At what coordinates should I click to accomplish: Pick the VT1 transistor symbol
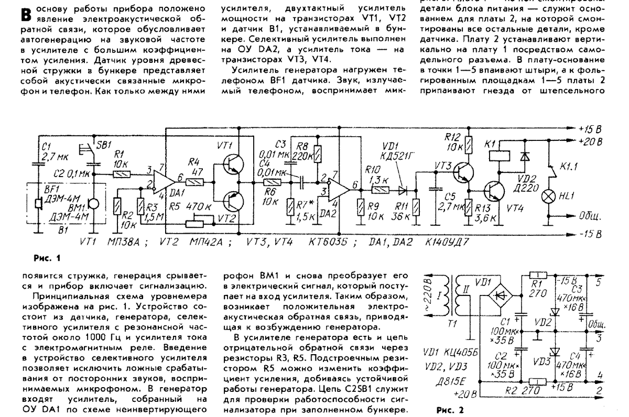(x=231, y=164)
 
